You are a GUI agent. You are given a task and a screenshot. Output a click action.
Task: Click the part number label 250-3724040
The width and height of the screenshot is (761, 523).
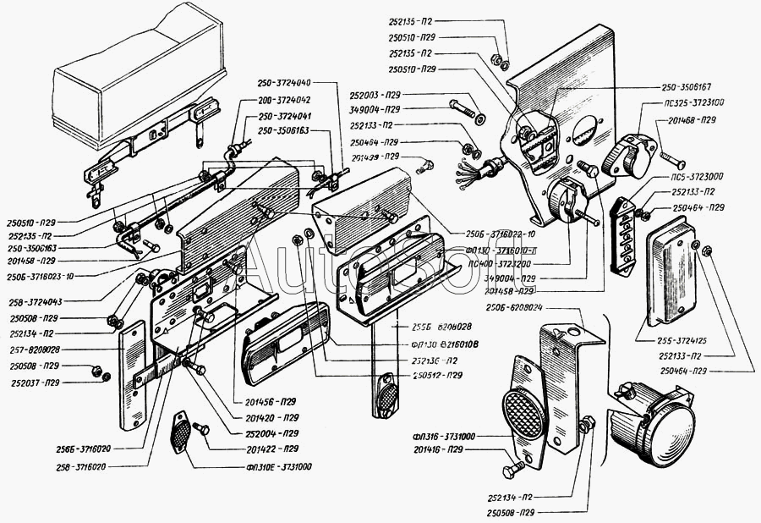[x=284, y=83]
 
